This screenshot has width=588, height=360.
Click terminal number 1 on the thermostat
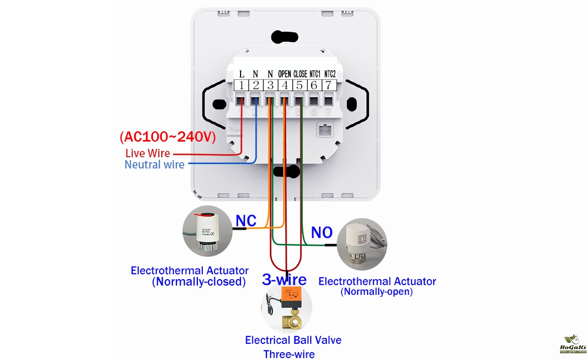(x=242, y=86)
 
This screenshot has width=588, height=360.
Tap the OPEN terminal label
(x=285, y=74)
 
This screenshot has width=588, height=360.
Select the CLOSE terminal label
(x=300, y=74)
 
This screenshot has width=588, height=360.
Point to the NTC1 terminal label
(x=315, y=74)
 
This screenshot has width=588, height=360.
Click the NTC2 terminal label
(x=330, y=74)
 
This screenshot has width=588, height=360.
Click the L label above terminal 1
(x=242, y=74)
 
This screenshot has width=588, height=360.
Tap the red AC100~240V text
(x=168, y=137)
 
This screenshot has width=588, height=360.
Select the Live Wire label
(x=147, y=153)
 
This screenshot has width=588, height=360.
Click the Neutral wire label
(x=154, y=165)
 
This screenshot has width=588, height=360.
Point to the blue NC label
(x=245, y=221)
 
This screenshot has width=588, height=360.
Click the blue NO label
(x=322, y=233)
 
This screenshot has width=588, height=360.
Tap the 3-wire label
(x=284, y=280)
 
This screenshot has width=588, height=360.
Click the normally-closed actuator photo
(x=208, y=231)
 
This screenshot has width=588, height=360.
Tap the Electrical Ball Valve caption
(x=293, y=340)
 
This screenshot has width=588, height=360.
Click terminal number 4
(x=285, y=86)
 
